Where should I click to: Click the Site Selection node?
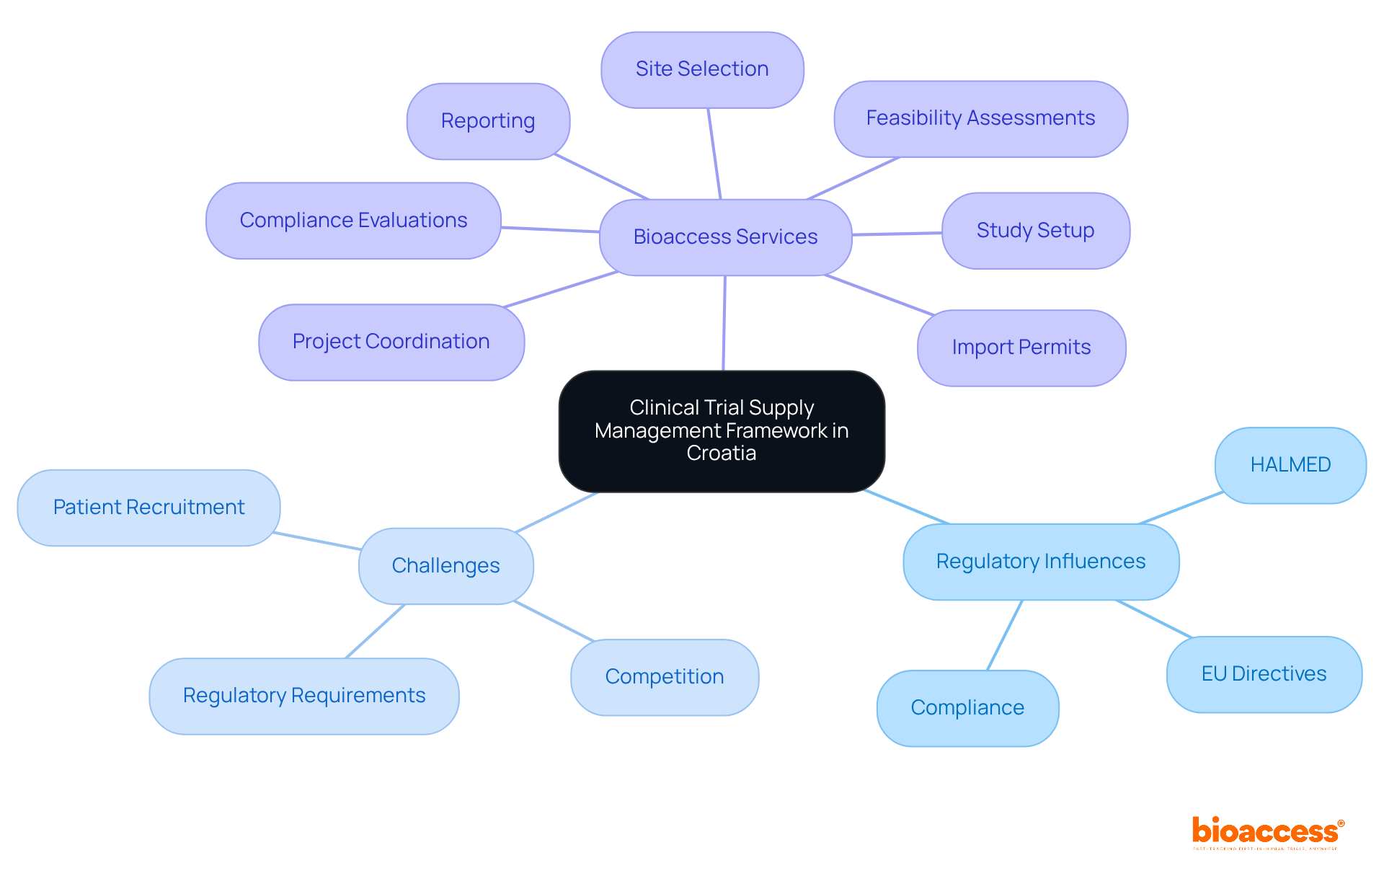[x=702, y=70]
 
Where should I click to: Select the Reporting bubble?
[x=488, y=121]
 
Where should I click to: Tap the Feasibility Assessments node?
[x=980, y=118]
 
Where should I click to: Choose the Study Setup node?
[x=1035, y=231]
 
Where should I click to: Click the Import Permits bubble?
[x=1021, y=348]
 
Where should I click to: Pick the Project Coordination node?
[x=391, y=342]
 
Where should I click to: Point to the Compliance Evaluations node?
[x=353, y=221]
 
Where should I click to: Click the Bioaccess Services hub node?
[x=725, y=237]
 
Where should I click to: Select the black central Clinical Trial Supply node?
[x=722, y=430]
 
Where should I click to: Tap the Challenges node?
[x=445, y=566]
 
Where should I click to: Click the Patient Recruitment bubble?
[x=148, y=508]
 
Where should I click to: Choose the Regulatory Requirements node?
[x=303, y=696]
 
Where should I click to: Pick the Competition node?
[x=664, y=677]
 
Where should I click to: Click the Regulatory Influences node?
[x=1040, y=562]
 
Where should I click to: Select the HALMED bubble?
[x=1290, y=465]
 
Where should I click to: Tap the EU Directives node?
[x=1264, y=674]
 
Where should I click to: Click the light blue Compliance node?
[x=967, y=708]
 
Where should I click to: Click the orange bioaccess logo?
[x=1267, y=832]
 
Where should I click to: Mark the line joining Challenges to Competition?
[x=554, y=621]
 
